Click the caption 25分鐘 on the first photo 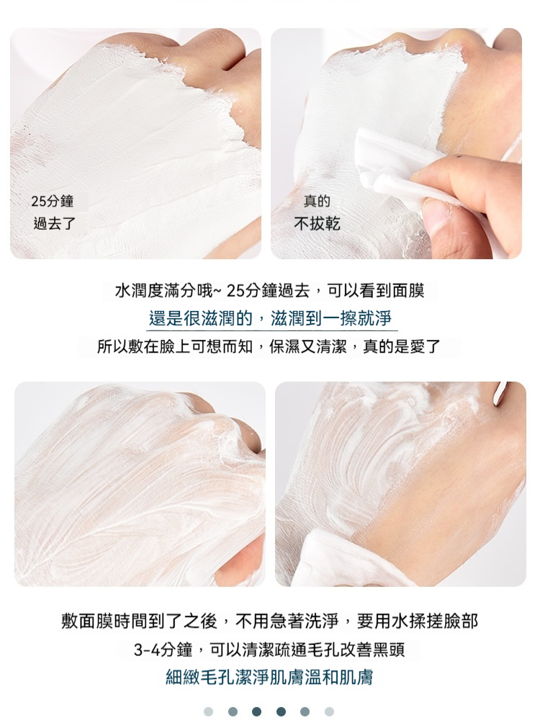click(53, 201)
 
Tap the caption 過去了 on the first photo click(55, 224)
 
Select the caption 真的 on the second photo click(317, 201)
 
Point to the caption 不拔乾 click(317, 224)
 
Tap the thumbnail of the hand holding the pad click(396, 143)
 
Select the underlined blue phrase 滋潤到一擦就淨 click(330, 318)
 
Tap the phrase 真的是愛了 click(401, 346)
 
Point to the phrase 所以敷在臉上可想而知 click(175, 346)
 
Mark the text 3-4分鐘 click(163, 649)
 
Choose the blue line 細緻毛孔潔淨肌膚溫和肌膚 click(269, 678)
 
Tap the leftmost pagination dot click(209, 711)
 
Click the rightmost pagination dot click(329, 711)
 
